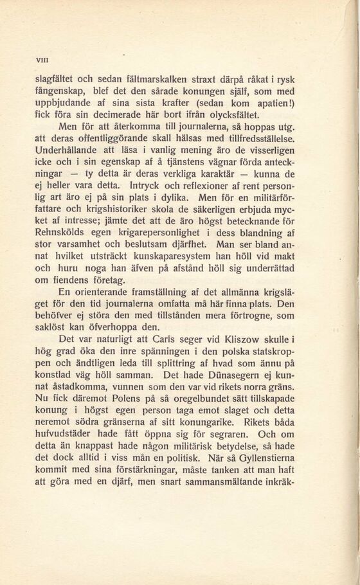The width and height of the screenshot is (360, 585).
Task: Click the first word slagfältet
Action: pos(57,80)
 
